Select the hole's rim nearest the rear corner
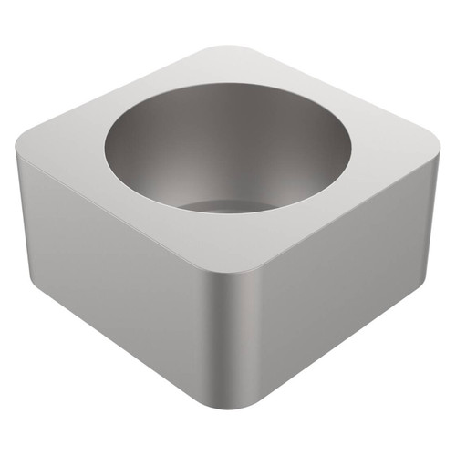[233, 84]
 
